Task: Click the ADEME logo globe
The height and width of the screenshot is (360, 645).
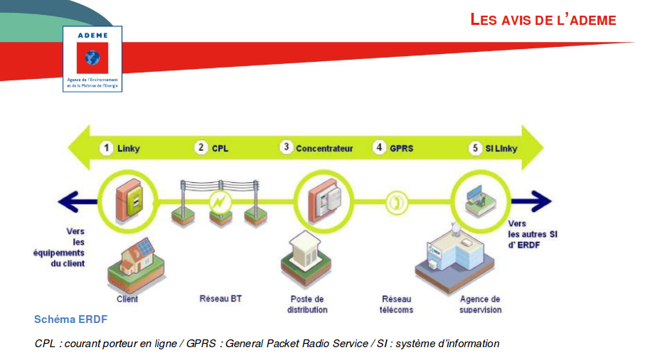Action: [x=92, y=58]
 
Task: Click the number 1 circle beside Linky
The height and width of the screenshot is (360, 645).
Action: [x=106, y=148]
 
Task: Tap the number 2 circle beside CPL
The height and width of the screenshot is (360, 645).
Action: [x=202, y=148]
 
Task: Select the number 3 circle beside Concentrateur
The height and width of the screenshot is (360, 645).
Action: [x=286, y=147]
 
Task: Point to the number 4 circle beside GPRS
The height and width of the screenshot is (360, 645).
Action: [x=380, y=148]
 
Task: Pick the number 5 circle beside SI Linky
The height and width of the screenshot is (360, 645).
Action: [x=475, y=148]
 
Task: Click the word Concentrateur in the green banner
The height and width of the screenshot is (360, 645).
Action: [x=324, y=149]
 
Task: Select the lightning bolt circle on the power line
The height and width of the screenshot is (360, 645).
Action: [x=220, y=203]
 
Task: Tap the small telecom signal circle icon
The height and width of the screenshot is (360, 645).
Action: [x=395, y=202]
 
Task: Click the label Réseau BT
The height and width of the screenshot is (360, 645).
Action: [x=220, y=299]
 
